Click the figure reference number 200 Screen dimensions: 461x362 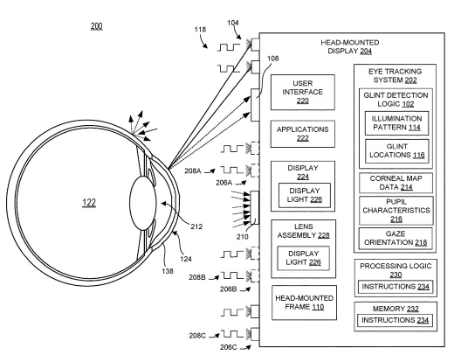tap(96, 26)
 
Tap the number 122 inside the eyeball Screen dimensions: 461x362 tap(89, 203)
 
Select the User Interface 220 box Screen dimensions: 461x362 tap(302, 92)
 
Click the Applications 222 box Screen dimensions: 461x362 tap(302, 134)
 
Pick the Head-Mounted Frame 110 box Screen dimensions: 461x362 tap(304, 303)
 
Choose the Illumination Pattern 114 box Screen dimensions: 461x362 tap(396, 123)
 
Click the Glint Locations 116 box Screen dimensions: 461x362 tap(397, 151)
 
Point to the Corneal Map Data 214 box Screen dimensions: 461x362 tap(396, 183)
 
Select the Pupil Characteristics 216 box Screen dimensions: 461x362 tap(396, 211)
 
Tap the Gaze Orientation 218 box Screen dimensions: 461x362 tap(396, 239)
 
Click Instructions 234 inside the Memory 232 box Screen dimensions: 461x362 tap(395, 320)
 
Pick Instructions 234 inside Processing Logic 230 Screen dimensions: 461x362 tap(396, 287)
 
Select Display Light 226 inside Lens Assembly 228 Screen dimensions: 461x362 tap(303, 258)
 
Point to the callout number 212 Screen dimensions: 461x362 tap(196, 226)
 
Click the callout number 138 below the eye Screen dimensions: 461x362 tap(168, 271)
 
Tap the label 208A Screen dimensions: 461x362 tap(193, 171)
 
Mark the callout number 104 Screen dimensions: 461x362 tap(233, 23)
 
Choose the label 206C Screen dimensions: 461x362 tap(229, 347)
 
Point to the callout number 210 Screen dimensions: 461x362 tap(242, 236)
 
